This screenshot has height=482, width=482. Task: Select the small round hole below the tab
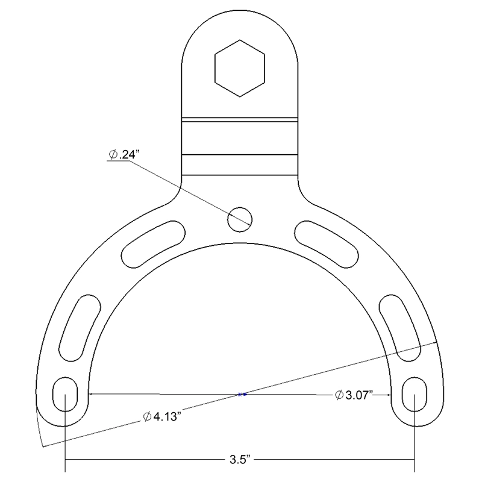click(x=239, y=218)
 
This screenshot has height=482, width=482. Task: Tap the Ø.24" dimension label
click(x=124, y=155)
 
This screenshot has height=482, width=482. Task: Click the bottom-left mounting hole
click(x=64, y=394)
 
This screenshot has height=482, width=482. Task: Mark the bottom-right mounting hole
click(x=415, y=394)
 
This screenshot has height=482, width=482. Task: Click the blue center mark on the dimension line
click(x=242, y=395)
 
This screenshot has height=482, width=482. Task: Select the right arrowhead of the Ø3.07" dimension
click(x=389, y=395)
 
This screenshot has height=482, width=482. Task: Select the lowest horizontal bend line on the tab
click(x=239, y=175)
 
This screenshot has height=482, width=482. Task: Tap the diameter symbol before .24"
click(x=113, y=155)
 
